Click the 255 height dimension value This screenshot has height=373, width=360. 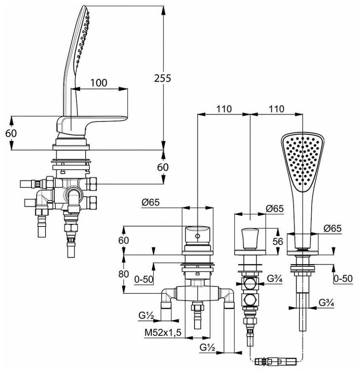(x=163, y=78)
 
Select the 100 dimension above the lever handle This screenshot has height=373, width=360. (x=98, y=83)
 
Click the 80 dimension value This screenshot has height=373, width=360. (x=123, y=274)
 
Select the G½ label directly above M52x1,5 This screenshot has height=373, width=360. (x=147, y=315)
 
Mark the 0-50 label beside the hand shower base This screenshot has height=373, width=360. (x=343, y=278)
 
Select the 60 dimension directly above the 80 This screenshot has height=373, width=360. (x=123, y=240)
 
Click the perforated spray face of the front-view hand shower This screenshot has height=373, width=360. (x=302, y=161)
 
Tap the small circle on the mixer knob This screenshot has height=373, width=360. (x=197, y=235)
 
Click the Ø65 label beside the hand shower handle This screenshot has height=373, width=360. (x=332, y=228)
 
